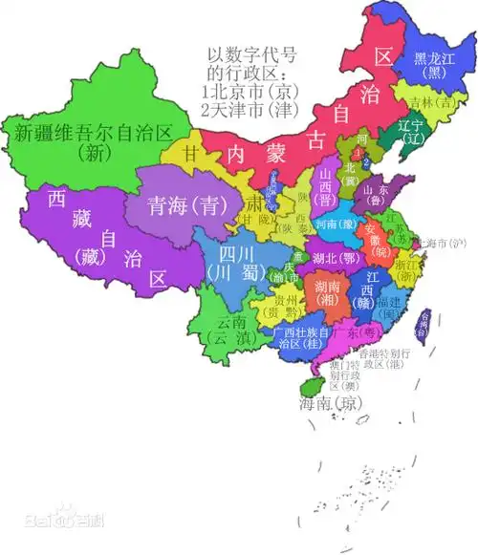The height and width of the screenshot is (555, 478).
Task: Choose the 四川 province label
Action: coord(234,262)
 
